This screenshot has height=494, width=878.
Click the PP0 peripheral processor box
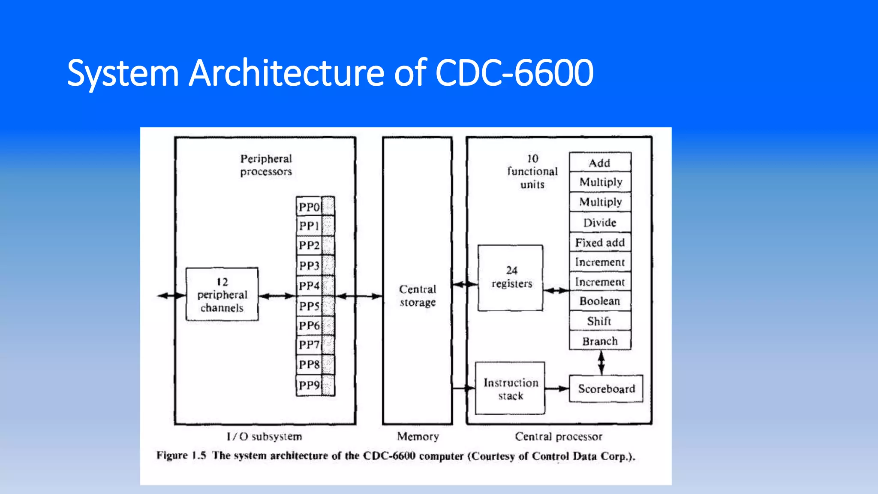tap(310, 207)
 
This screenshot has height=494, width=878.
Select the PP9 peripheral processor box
tap(310, 385)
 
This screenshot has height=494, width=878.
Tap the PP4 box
tap(310, 286)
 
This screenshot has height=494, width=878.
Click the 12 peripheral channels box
tap(222, 295)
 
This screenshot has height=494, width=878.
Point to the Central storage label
tap(418, 295)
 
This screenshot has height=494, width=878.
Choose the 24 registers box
tap(511, 277)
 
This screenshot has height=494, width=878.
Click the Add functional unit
tap(600, 163)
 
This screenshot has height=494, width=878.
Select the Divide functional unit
tap(600, 223)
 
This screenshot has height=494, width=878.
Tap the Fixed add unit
tap(600, 243)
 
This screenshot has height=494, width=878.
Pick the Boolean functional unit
tap(600, 301)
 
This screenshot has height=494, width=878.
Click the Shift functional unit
tap(600, 321)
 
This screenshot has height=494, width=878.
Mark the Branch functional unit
tap(600, 341)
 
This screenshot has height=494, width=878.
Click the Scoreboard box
tap(606, 389)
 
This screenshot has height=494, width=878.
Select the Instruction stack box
tap(510, 389)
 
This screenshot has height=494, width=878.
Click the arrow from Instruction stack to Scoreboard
tap(557, 389)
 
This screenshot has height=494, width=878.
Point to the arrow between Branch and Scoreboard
tap(601, 363)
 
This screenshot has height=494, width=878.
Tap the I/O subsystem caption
tap(265, 437)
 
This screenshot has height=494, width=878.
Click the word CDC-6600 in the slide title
tap(514, 73)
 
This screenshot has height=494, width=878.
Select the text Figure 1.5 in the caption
tap(181, 455)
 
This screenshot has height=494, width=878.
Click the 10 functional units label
tap(532, 172)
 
